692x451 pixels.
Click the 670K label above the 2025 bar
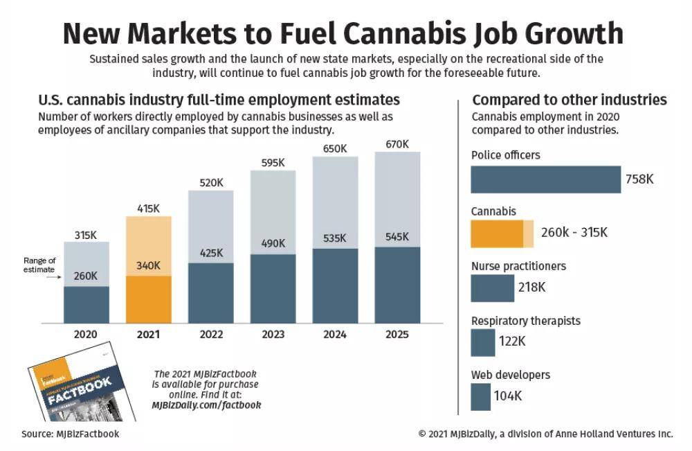(x=397, y=144)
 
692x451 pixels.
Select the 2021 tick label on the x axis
(x=148, y=335)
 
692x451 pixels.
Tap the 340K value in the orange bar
(x=148, y=265)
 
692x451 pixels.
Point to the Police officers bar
(x=545, y=179)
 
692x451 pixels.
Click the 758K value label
(x=639, y=179)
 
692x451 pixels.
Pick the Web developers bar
(x=480, y=397)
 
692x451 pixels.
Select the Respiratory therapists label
(x=525, y=321)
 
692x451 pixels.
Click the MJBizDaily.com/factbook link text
(x=206, y=405)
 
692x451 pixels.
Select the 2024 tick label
(x=335, y=335)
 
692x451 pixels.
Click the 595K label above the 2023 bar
(x=273, y=163)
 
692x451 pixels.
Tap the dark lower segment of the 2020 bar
(x=86, y=305)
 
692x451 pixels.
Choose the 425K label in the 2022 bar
(x=210, y=253)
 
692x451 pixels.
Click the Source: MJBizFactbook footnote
(x=70, y=434)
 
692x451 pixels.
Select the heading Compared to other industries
(x=569, y=100)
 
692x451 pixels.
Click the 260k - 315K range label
(x=574, y=232)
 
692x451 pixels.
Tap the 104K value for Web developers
(x=508, y=396)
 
